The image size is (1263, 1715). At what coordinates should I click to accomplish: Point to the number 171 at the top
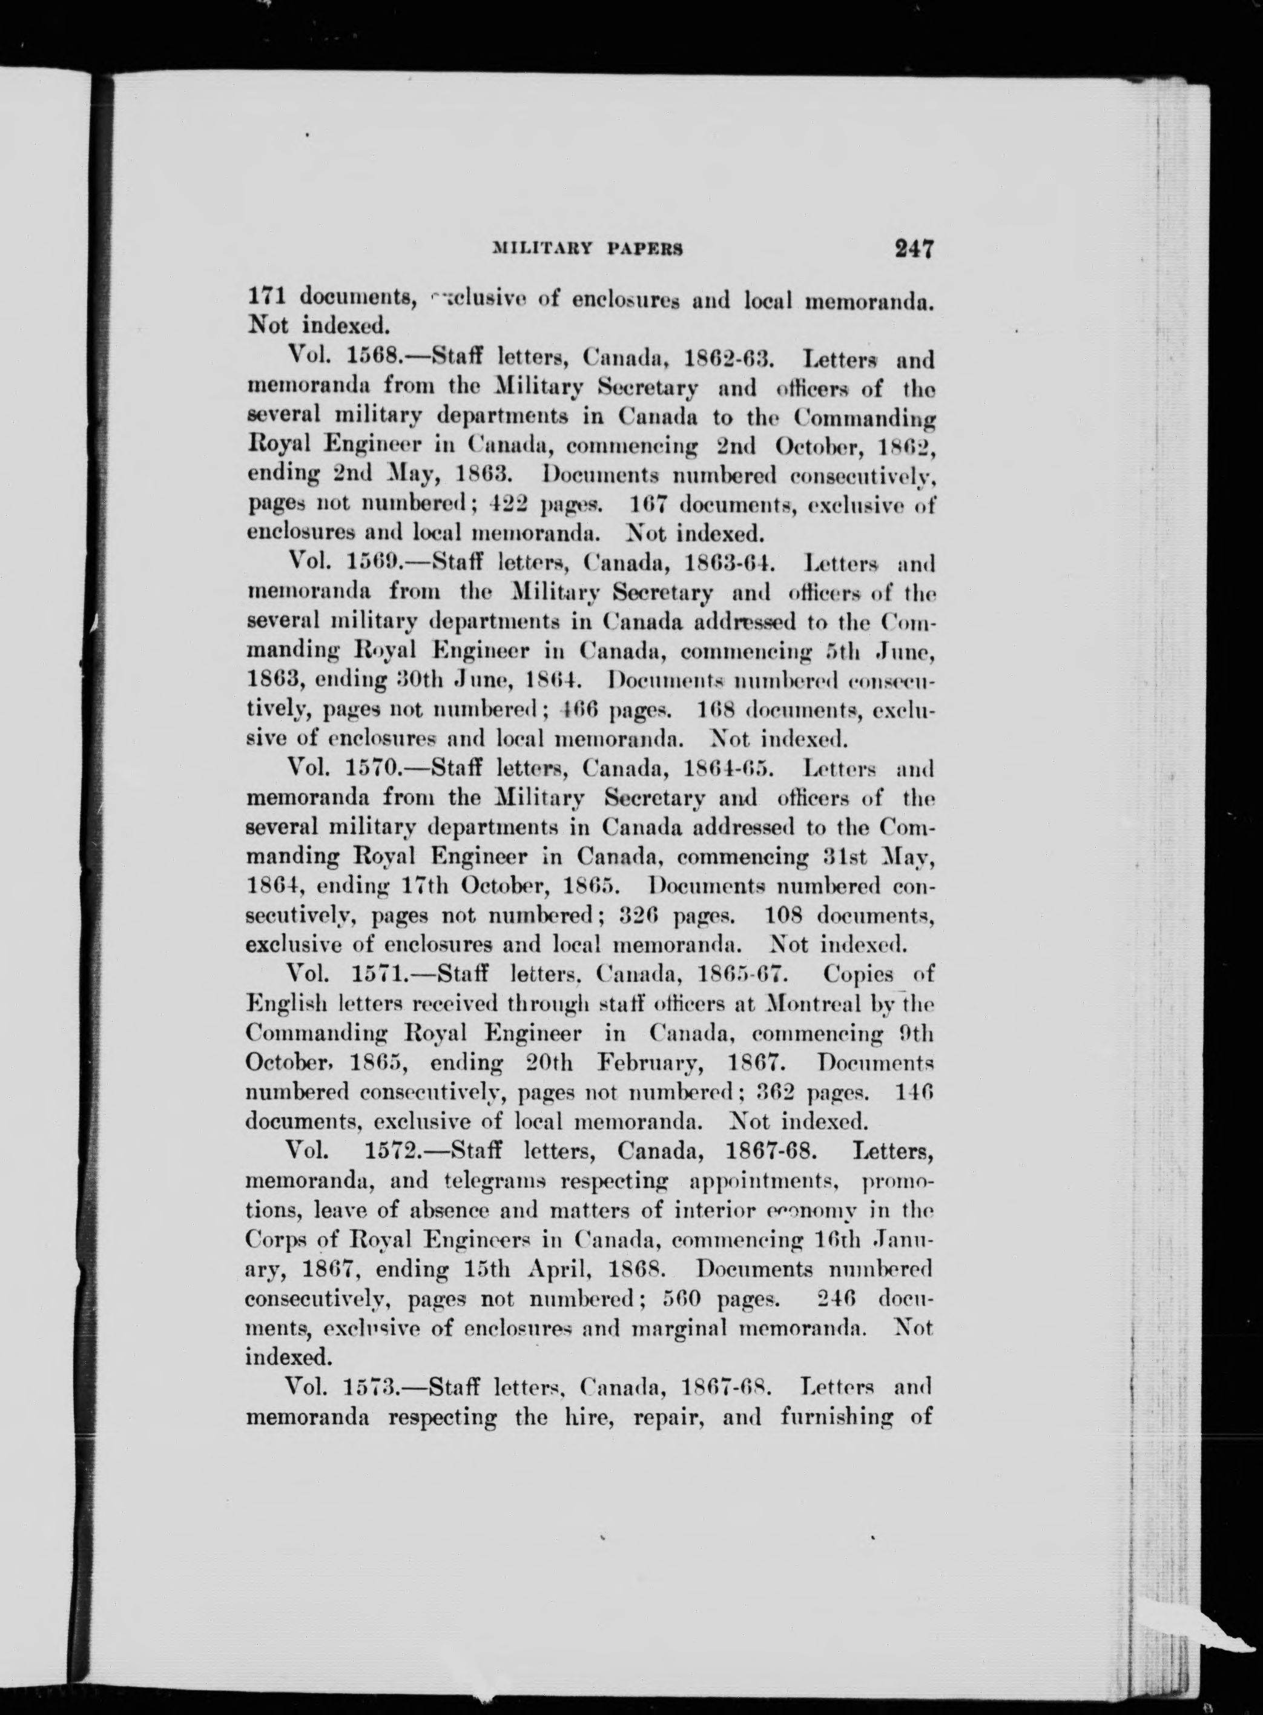coord(267,294)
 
